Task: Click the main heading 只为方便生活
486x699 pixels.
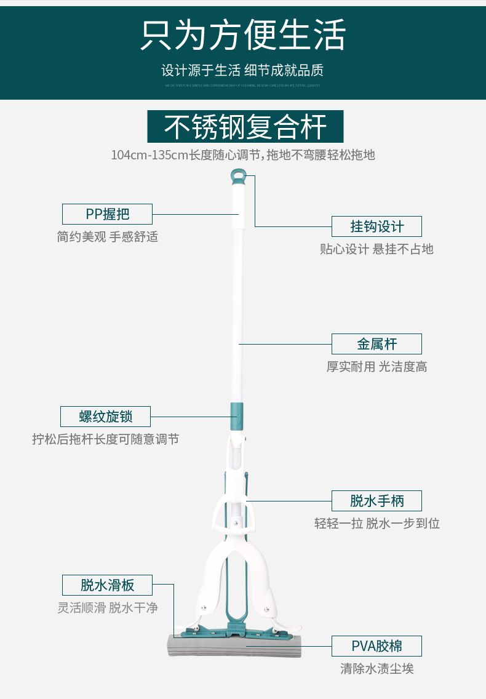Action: click(243, 34)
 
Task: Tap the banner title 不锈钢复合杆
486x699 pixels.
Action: click(245, 127)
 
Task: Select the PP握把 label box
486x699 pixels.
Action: click(107, 214)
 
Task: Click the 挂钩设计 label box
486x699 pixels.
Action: click(376, 226)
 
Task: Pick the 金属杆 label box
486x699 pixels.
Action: click(376, 344)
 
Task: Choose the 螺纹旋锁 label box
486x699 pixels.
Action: click(105, 417)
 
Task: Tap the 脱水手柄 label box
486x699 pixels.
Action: click(376, 501)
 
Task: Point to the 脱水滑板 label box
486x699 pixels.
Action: click(107, 585)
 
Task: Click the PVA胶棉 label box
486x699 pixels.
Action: click(376, 646)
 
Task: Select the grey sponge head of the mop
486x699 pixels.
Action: click(234, 647)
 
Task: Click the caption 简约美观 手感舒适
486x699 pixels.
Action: click(107, 237)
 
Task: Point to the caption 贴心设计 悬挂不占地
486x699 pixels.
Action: click(376, 249)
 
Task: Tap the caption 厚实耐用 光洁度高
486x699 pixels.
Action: click(376, 367)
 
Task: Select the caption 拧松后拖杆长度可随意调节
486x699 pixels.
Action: click(105, 439)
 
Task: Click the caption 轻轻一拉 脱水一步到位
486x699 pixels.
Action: click(376, 524)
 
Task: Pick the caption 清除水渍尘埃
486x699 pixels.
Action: click(376, 669)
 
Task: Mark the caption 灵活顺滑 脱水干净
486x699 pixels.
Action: click(107, 607)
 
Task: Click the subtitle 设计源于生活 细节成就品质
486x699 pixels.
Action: click(242, 70)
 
